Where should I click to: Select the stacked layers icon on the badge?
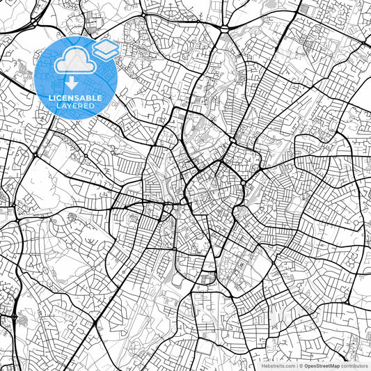(x=105, y=48)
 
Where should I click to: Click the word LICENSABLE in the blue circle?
(x=76, y=98)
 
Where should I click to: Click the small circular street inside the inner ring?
(x=210, y=189)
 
